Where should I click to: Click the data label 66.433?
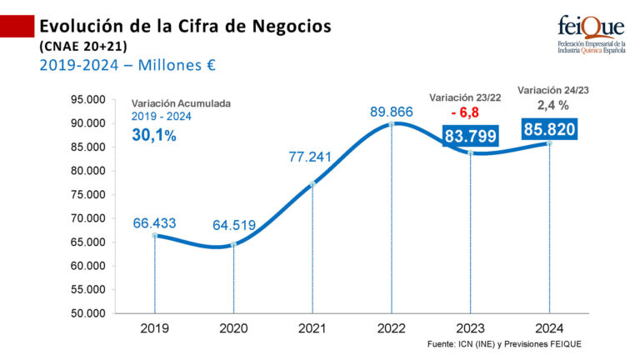point(155,223)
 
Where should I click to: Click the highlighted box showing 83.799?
point(471,137)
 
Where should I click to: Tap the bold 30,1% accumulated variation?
point(154,135)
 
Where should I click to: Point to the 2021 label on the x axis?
point(312,328)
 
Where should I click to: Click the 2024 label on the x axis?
point(549,328)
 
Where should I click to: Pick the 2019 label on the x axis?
point(154,328)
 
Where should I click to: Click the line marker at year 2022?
point(391,123)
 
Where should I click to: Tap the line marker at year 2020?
point(233,244)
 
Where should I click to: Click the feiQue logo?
point(590,33)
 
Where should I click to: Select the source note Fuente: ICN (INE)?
point(502,344)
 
